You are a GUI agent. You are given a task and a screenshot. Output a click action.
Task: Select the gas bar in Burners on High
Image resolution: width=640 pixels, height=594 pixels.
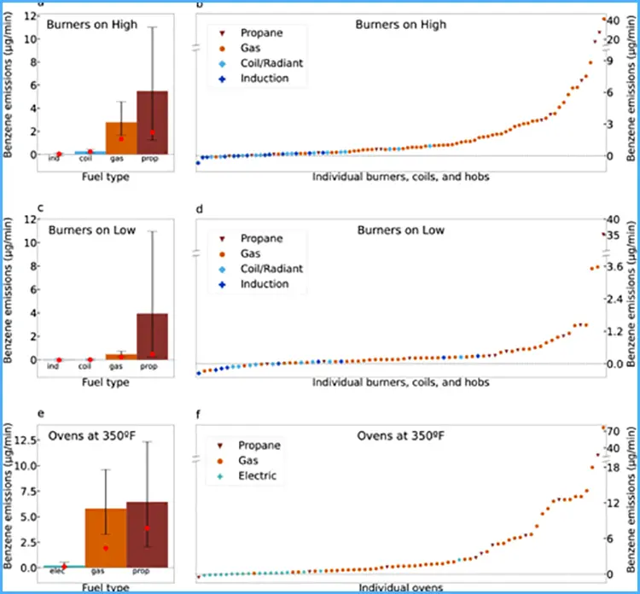tap(120, 138)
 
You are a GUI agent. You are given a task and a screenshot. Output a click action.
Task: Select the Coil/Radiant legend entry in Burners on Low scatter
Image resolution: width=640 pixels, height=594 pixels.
tap(271, 269)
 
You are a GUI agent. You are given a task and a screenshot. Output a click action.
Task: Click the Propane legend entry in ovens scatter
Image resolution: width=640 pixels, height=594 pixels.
tap(259, 445)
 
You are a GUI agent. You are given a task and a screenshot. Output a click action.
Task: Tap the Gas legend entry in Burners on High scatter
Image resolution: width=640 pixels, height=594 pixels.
tap(251, 49)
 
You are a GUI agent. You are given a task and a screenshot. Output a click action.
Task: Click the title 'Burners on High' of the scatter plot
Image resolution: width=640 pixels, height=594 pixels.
tap(400, 25)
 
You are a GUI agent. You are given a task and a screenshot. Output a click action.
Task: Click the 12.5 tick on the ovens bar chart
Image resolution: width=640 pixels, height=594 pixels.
tap(26, 440)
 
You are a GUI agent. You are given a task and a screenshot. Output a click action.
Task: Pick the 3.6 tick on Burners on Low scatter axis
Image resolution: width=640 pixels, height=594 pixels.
tap(614, 267)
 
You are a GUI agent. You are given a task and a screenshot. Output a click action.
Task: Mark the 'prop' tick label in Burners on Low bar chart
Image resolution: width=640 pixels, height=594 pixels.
tap(148, 367)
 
